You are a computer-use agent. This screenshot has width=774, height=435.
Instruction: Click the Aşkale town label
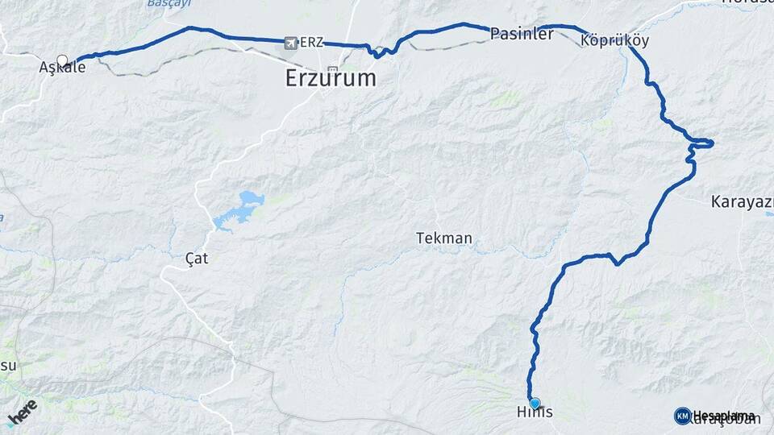tap(62, 68)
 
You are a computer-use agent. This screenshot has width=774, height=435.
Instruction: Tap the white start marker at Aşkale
tap(62, 60)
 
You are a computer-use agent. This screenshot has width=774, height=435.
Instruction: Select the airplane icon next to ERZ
tap(290, 42)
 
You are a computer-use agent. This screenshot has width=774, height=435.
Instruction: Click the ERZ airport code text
tap(310, 42)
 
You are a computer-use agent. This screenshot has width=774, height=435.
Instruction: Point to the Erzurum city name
tap(331, 78)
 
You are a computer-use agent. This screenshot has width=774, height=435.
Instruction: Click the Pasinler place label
tap(522, 34)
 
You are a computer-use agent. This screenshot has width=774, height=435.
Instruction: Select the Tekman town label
tap(443, 238)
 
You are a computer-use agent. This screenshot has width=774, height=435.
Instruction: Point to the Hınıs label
tap(534, 412)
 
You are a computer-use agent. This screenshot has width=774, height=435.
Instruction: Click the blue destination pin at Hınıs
tap(535, 403)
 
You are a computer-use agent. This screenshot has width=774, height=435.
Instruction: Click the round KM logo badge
tap(682, 416)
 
